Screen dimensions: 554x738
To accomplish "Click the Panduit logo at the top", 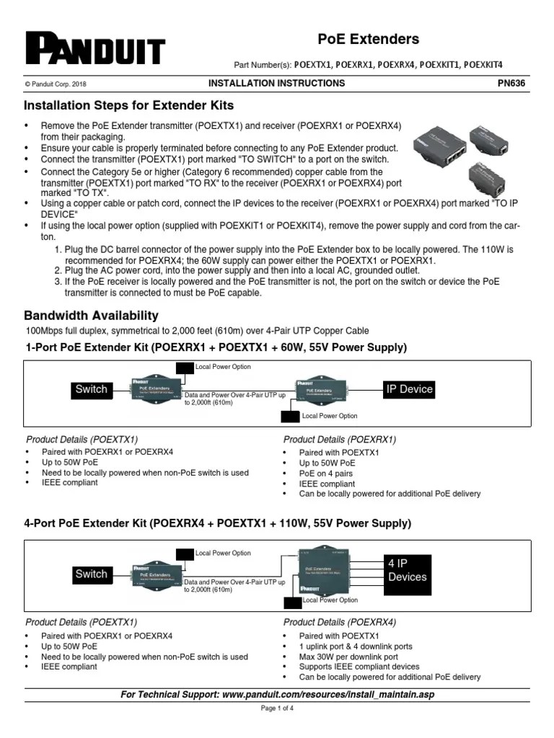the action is pos(95,48).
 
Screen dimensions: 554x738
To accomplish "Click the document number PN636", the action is pos(511,83).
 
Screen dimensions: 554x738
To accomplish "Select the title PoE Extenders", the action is pos(369,39).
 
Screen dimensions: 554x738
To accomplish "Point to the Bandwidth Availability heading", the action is pos(92,316).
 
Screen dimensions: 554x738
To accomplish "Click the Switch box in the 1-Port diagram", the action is pos(91,390).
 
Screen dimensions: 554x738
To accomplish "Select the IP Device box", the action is pos(409,389).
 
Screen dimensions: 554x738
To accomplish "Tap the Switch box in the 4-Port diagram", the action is pos(91,574).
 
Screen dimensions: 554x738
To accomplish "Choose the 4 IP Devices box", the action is pos(407,570).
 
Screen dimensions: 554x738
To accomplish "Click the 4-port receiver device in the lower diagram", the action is pos(325,574).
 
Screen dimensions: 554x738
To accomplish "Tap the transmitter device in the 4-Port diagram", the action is pos(154,575).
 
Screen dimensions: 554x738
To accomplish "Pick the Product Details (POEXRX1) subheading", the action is pos(340,439).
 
